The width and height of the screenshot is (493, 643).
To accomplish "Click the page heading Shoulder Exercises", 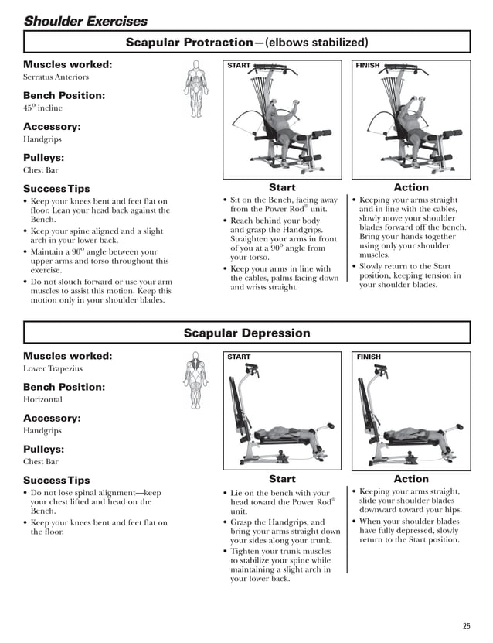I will [x=85, y=21].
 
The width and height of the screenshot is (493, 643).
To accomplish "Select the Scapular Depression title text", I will [x=246, y=333].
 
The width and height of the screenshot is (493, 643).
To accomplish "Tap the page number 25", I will [x=466, y=626].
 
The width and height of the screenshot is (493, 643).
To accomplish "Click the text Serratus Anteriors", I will [x=56, y=77].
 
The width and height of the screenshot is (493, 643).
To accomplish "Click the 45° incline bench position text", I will [x=42, y=108].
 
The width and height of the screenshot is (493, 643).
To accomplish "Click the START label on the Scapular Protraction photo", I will [x=239, y=67].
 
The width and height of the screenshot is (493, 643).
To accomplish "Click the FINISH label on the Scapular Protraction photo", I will [x=368, y=67].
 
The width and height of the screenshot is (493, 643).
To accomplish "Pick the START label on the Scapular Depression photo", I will [x=239, y=357].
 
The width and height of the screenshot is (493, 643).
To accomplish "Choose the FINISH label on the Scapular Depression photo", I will [x=369, y=357].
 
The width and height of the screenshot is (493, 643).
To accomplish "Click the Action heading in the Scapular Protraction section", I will [x=410, y=187].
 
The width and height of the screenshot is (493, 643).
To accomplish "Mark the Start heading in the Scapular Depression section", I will [x=282, y=479].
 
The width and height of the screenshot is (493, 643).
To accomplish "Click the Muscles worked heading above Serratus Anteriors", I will [x=68, y=65].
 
